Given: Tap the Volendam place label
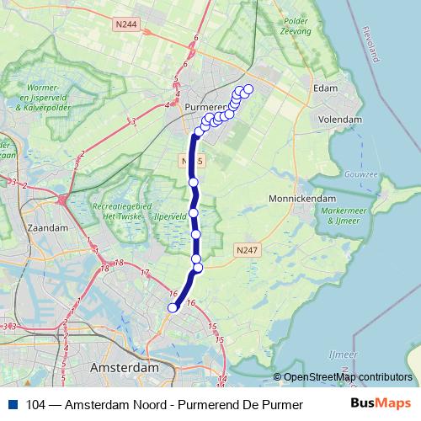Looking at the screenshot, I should coord(340,120).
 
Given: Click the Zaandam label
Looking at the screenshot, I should coord(49,227).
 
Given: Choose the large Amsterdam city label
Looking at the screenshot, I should coord(125,368).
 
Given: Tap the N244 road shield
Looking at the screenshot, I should coord(129,25).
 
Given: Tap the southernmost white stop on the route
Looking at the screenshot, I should coord(173,308).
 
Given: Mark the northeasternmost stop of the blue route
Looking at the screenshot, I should coord(248,88).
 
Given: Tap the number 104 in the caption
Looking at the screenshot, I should coord(36,404).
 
